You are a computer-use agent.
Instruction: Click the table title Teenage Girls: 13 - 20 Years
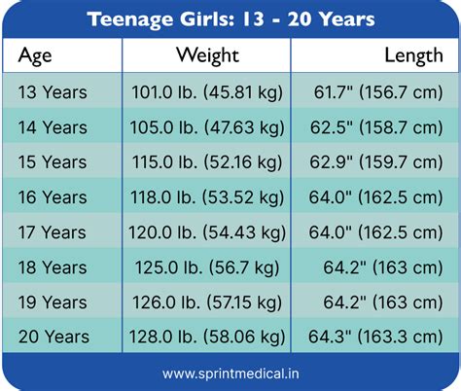230,18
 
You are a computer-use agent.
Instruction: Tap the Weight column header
208,55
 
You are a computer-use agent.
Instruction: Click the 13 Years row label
53,93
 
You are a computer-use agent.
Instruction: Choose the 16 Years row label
53,197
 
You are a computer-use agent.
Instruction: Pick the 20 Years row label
53,337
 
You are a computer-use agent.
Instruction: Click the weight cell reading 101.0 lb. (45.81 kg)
207,93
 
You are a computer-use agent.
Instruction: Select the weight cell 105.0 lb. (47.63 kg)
207,128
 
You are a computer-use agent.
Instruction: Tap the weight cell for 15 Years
207,162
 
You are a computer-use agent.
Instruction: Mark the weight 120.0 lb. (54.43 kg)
207,232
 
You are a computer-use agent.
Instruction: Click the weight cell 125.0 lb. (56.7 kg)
207,267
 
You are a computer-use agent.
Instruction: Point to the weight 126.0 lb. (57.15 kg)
207,302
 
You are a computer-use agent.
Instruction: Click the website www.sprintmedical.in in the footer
230,373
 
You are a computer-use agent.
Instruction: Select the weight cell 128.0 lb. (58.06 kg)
207,337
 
